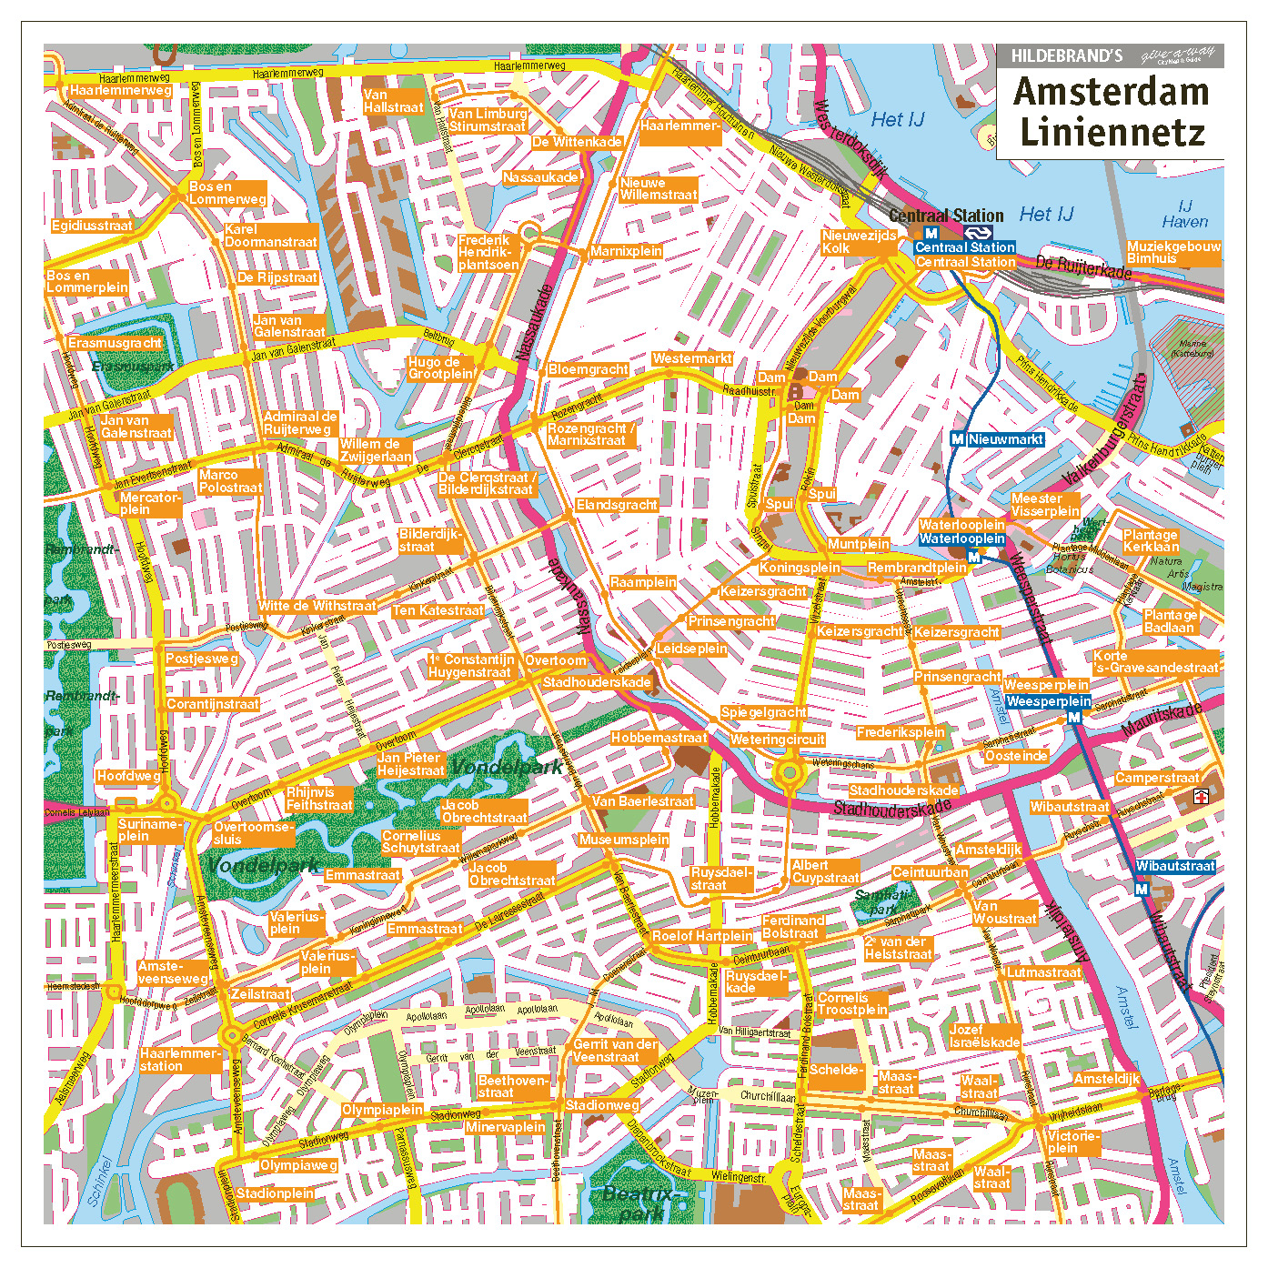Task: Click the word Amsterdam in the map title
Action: tap(1111, 92)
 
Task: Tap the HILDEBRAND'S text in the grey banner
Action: tap(1066, 56)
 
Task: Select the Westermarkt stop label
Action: tap(691, 358)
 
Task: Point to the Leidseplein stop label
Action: tap(691, 649)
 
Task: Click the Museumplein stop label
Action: tap(623, 840)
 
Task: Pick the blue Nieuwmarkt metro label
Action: tap(1005, 439)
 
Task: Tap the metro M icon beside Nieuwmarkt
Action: tap(957, 439)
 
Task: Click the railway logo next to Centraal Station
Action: tap(978, 233)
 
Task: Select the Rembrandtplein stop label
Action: tap(917, 568)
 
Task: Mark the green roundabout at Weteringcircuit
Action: tap(789, 774)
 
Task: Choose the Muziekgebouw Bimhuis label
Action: tap(1173, 253)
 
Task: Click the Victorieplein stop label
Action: tap(1073, 1142)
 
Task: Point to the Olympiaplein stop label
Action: tap(382, 1110)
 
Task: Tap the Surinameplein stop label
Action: tap(148, 830)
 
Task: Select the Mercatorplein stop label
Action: tap(150, 504)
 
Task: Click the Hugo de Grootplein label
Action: tap(440, 367)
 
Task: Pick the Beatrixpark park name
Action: tap(640, 1203)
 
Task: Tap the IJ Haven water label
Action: tap(1184, 214)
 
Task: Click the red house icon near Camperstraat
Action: tap(1201, 797)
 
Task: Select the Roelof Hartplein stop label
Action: tap(701, 936)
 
